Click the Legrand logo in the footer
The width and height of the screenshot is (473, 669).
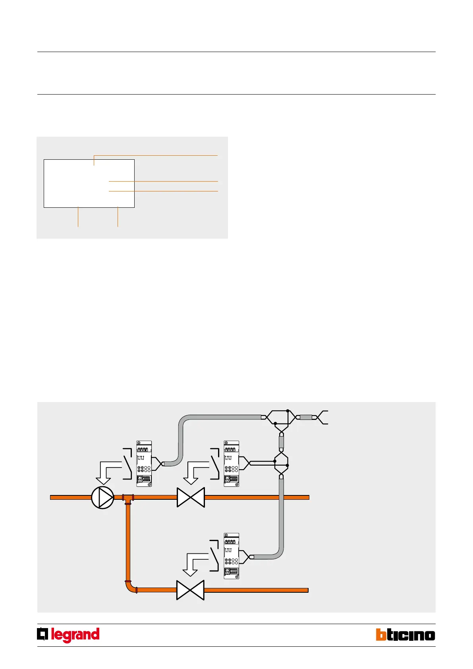(x=68, y=635)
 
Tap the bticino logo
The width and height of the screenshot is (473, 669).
(x=405, y=635)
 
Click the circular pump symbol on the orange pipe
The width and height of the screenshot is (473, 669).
(x=102, y=497)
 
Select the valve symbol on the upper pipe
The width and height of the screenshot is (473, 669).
(x=191, y=497)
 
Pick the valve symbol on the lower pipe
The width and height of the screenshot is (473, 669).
(x=190, y=590)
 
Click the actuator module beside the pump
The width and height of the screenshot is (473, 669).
(x=144, y=464)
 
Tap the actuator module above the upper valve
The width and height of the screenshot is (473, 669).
(x=231, y=464)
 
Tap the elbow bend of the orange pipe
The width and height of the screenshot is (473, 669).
(x=130, y=587)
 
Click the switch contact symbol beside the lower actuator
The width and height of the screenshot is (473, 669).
(x=214, y=555)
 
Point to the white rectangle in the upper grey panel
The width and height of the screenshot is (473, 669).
(x=89, y=184)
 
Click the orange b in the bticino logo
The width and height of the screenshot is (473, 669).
(x=381, y=635)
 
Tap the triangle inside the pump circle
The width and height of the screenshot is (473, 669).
(x=104, y=497)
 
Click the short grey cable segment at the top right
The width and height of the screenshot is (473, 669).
(x=306, y=418)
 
